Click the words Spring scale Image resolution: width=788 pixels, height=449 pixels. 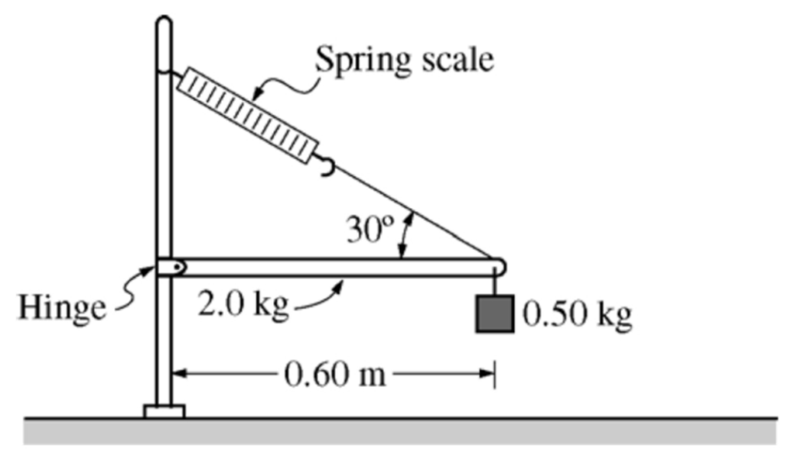[405, 59]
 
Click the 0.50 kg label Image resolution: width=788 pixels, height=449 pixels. [578, 313]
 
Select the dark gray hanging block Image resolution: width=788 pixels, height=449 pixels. [494, 314]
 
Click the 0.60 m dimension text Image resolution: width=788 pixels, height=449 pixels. [334, 374]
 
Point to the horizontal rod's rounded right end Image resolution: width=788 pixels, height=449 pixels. [499, 267]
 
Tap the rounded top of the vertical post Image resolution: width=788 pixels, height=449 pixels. [164, 23]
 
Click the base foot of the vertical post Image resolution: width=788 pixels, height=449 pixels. [164, 412]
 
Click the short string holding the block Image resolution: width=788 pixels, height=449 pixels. [494, 285]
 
